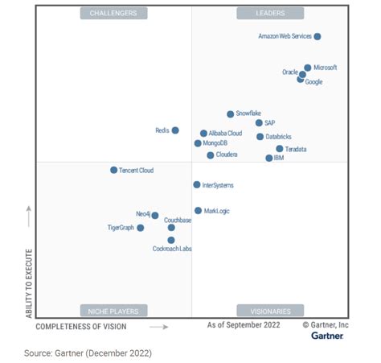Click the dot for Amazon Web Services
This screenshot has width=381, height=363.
pyautogui.click(x=317, y=36)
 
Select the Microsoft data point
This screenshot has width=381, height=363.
pyautogui.click(x=307, y=68)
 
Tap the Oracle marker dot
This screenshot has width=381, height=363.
pyautogui.click(x=302, y=74)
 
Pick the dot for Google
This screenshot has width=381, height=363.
pyautogui.click(x=300, y=80)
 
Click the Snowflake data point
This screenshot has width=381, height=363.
pyautogui.click(x=230, y=114)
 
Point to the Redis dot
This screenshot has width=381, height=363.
pyautogui.click(x=175, y=130)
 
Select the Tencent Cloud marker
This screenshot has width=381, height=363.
pyautogui.click(x=113, y=170)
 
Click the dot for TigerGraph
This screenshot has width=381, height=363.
pyautogui.click(x=140, y=228)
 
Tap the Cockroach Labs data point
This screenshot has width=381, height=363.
pyautogui.click(x=171, y=240)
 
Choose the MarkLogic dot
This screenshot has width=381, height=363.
pyautogui.click(x=198, y=211)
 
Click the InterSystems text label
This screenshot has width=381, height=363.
pyautogui.click(x=218, y=185)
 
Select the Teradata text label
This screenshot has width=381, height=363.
pyautogui.click(x=296, y=150)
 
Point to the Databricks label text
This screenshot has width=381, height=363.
pyautogui.click(x=280, y=137)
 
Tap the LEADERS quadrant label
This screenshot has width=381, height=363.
pyautogui.click(x=269, y=14)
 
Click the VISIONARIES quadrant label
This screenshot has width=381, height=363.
pyautogui.click(x=269, y=311)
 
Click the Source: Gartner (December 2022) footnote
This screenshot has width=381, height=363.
pyautogui.click(x=88, y=353)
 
